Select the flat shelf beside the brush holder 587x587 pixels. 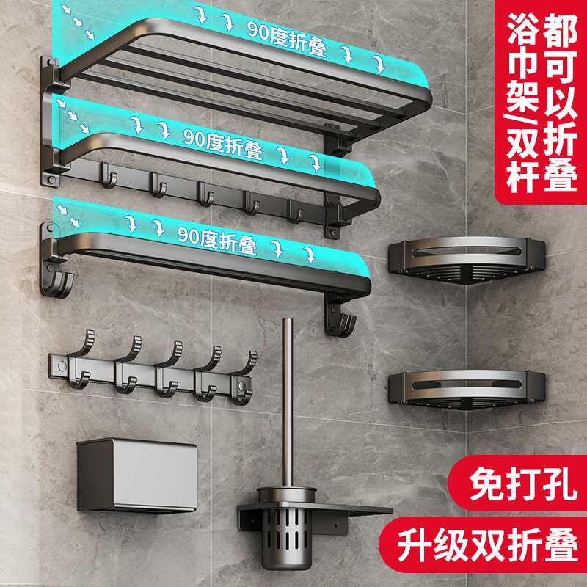352,510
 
